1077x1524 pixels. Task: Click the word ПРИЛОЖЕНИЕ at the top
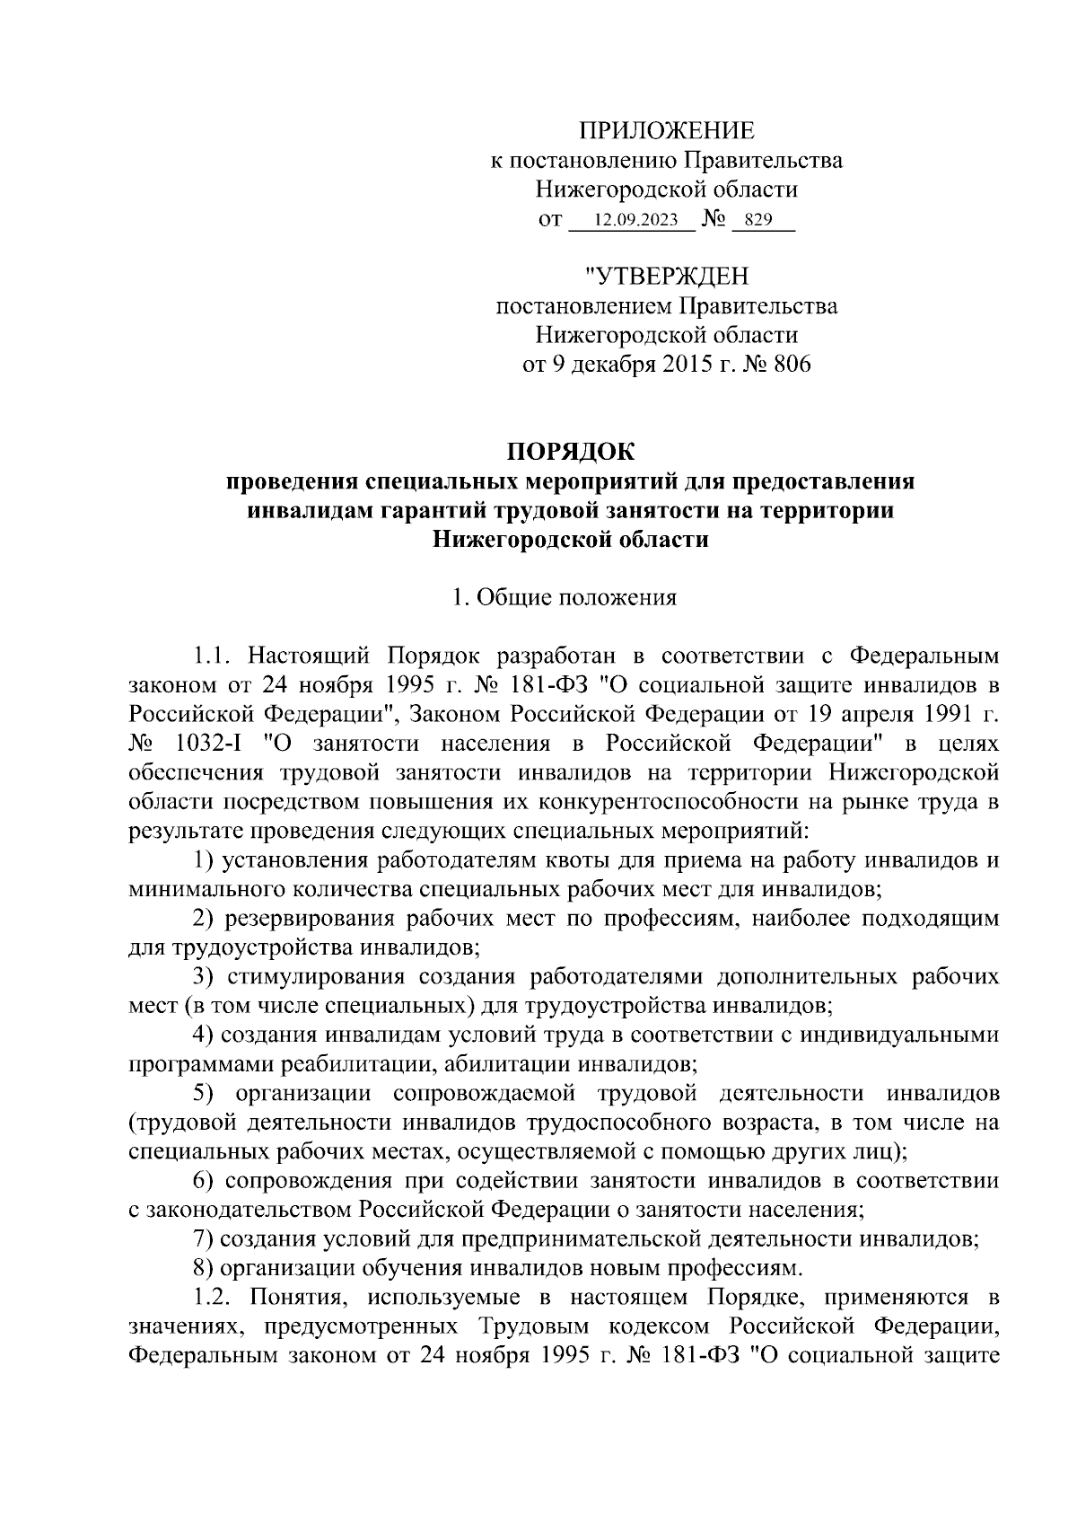[665, 131]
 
